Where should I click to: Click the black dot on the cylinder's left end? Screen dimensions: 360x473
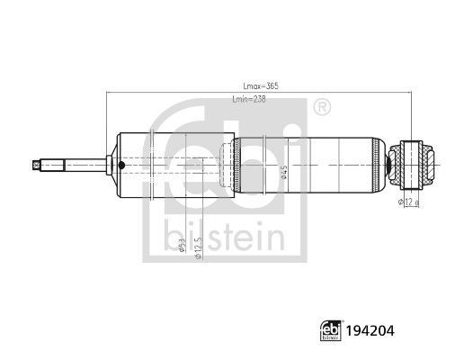120,165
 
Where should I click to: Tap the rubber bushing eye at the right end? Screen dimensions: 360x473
415,165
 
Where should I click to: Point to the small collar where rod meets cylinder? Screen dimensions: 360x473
110,165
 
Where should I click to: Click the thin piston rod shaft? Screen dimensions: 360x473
76,165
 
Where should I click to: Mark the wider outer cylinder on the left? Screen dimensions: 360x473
175,165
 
